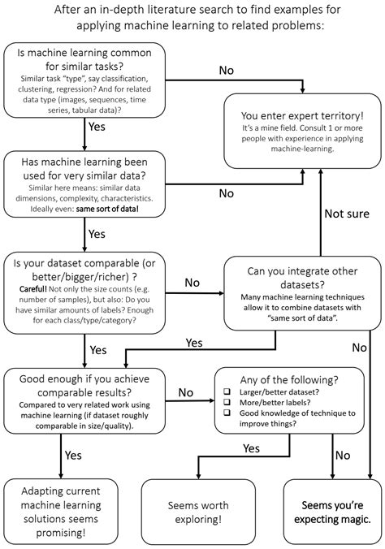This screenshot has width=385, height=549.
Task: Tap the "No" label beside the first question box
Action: coord(227,70)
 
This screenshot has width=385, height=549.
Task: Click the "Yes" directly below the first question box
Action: coord(97,128)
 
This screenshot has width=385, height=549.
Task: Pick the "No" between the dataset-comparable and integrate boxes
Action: coord(192,283)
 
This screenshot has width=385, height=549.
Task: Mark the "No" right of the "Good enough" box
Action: coord(186,392)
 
